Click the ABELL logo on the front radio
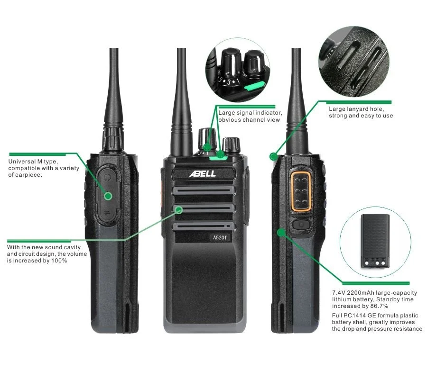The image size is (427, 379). [x=203, y=174]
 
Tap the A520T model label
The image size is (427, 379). [x=220, y=238]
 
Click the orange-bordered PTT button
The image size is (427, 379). [x=301, y=191]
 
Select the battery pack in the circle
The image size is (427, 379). [x=375, y=241]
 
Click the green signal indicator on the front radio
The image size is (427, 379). [x=218, y=157]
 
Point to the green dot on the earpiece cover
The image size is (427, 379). [x=108, y=196]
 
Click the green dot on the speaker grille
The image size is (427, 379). [x=179, y=210]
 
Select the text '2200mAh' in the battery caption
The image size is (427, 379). [x=359, y=293]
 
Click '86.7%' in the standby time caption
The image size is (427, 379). [x=379, y=306]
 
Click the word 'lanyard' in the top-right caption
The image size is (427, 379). [x=359, y=109]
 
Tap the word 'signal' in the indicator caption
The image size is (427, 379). [x=246, y=113]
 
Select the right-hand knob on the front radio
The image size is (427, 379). [x=231, y=145]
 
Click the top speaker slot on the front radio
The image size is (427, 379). [x=204, y=190]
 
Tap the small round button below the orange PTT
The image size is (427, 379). [x=301, y=225]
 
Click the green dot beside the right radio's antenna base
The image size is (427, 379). [x=273, y=156]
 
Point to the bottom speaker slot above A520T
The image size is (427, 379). [x=204, y=226]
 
